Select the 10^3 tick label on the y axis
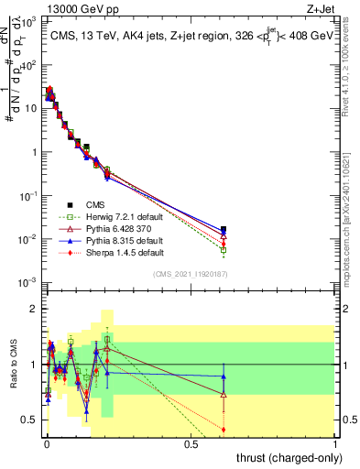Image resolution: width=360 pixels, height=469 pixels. tap(26, 21)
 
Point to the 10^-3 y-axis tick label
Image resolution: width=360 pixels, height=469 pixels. tap(26, 282)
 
